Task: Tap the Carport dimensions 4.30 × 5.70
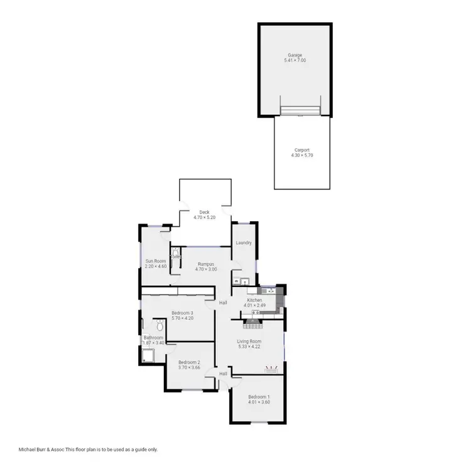click(301, 155)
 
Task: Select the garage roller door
click(301, 111)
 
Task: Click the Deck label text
click(204, 212)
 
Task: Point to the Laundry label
click(244, 243)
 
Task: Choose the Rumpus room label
click(207, 264)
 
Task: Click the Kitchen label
click(254, 300)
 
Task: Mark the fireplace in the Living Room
click(254, 324)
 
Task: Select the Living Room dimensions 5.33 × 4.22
click(249, 347)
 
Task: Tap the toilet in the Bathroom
click(160, 325)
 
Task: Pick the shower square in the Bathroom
click(149, 357)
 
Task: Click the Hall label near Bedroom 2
click(223, 374)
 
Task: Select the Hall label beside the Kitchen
click(223, 303)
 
